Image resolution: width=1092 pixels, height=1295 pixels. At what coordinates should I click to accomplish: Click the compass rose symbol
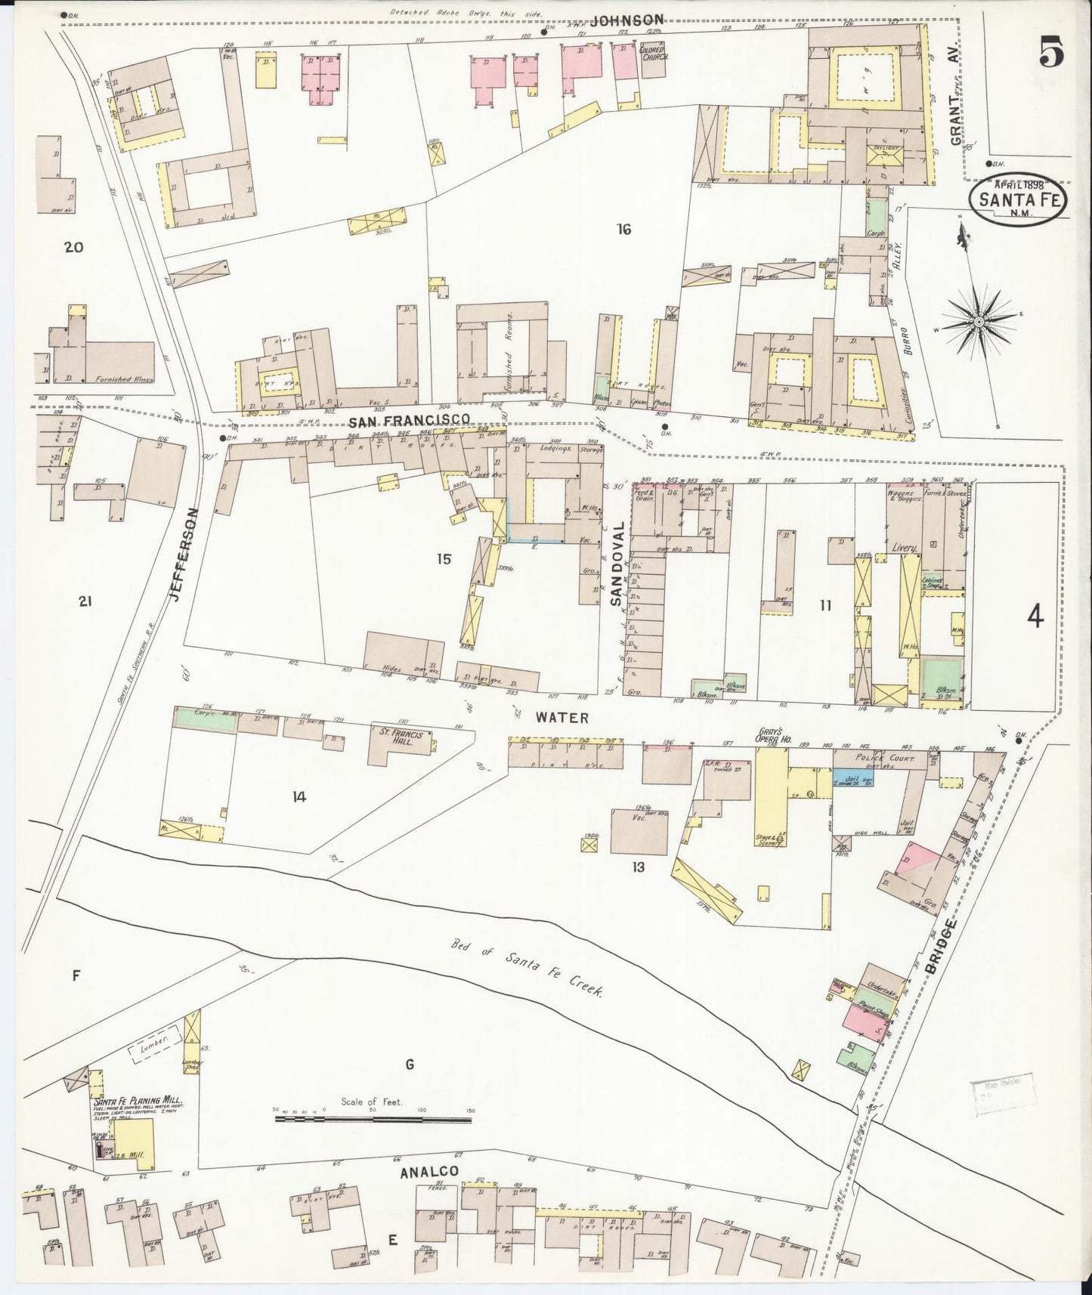click(x=979, y=322)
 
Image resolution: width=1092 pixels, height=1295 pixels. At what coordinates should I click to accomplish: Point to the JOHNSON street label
click(x=627, y=20)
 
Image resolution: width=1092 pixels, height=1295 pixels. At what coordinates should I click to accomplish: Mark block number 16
click(x=623, y=229)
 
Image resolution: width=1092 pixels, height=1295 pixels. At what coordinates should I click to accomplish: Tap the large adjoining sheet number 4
click(x=1035, y=617)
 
